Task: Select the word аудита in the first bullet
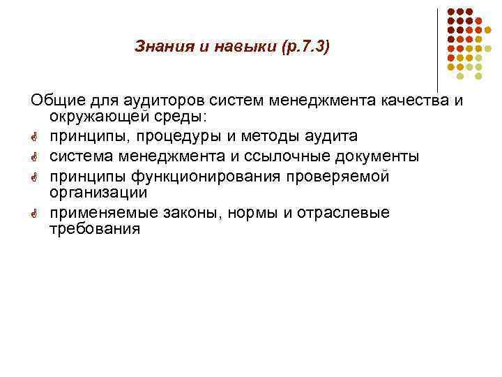[337, 135]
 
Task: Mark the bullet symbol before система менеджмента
[35, 156]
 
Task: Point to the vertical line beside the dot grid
[438, 49]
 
